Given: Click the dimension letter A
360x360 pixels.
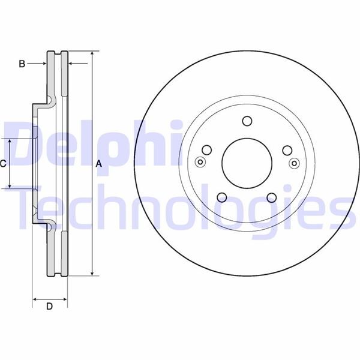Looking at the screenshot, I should (99, 164).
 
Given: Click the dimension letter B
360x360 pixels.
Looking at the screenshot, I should (22, 64).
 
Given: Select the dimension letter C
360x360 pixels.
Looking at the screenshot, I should (3, 163).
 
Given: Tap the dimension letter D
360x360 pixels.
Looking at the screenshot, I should (50, 307).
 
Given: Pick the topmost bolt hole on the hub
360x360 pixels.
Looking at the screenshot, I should (247, 121).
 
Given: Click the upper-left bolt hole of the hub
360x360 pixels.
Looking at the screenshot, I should (207, 150).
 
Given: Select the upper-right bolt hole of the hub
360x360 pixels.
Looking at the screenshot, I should (287, 150).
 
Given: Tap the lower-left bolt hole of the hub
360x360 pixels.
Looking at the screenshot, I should (222, 197).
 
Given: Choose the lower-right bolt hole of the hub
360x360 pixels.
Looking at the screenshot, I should (271, 197).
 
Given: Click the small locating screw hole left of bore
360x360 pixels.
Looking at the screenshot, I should (200, 161).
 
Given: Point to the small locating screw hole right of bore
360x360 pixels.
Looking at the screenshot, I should (294, 162).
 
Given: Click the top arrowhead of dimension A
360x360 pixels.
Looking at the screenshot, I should (92, 54).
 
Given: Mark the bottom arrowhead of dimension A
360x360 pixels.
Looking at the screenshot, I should (92, 273).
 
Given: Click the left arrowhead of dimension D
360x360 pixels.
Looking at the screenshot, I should (35, 298).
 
